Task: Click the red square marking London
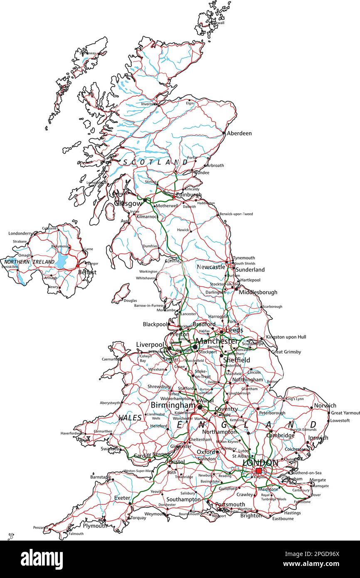point(259,471)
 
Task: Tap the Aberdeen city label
point(239,133)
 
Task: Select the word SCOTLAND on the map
point(155,162)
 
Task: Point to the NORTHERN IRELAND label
point(29,262)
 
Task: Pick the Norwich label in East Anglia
point(325,405)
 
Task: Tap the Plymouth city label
point(94,526)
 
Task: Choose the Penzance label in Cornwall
point(41,527)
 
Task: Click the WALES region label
point(130,417)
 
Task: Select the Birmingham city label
point(173,405)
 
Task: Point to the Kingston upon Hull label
point(286,337)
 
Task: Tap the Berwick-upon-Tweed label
point(236,214)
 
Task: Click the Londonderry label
point(20,234)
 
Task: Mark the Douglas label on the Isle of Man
point(130,301)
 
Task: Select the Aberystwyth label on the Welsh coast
point(110,403)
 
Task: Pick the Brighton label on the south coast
point(251,516)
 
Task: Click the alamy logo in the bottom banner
point(42,559)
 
